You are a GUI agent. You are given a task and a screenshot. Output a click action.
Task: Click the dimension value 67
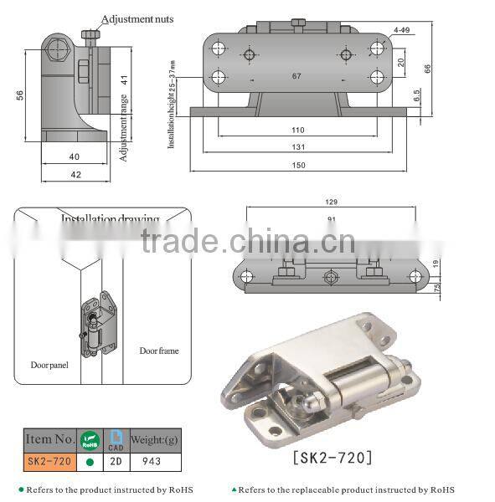click(296, 76)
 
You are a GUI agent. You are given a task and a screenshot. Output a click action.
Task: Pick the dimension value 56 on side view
click(19, 95)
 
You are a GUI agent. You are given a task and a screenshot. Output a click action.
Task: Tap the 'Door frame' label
click(158, 351)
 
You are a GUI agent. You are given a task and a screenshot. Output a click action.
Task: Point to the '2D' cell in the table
click(115, 460)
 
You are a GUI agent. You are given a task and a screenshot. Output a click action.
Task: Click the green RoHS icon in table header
click(88, 439)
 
